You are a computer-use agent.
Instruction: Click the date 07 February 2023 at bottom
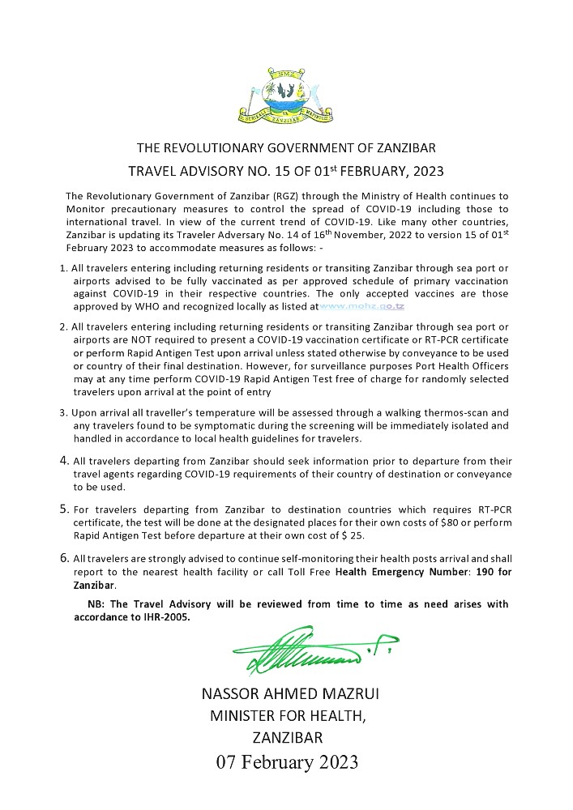(286, 763)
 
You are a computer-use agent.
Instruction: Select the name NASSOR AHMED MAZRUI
(286, 693)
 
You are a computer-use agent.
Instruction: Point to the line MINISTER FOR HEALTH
(288, 716)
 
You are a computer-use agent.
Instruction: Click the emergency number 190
(475, 572)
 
